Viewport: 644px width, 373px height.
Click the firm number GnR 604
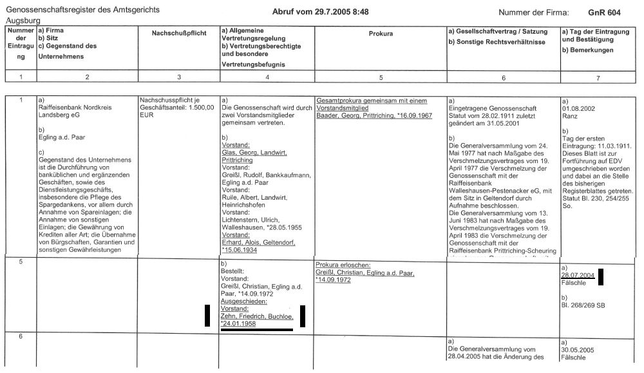point(604,12)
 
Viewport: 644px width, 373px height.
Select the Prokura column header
point(381,33)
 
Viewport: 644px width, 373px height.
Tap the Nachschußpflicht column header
point(178,33)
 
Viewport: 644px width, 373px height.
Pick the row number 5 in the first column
point(21,262)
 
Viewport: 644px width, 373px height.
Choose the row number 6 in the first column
point(21,337)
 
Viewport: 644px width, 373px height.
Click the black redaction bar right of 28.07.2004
point(601,276)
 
